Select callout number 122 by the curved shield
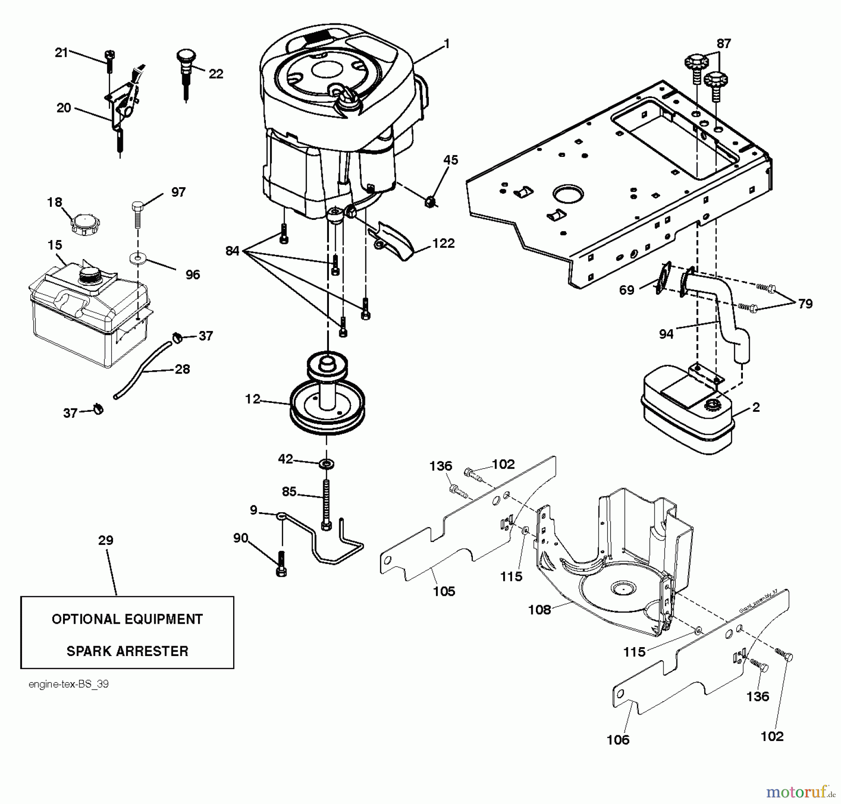tap(443, 243)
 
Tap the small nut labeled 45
tap(431, 202)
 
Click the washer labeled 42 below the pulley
tap(326, 464)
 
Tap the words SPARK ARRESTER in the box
tap(127, 651)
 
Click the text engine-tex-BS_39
tap(69, 684)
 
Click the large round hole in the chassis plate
tap(568, 195)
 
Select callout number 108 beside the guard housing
tap(540, 609)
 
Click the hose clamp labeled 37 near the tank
tap(177, 337)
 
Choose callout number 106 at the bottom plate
tap(618, 740)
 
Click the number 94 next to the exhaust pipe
tap(666, 333)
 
